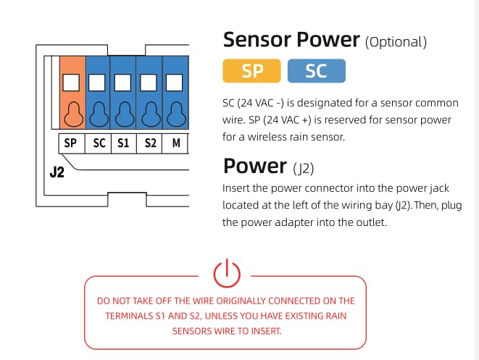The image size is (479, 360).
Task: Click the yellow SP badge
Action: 251,71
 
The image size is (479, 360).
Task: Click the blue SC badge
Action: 317,71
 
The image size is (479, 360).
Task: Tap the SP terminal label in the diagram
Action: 70,143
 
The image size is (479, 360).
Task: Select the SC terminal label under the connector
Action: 99,143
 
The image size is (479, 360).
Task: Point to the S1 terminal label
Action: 123,143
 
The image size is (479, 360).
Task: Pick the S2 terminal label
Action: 150,143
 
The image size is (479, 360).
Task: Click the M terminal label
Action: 176,143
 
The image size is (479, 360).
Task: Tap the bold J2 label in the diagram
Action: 57,172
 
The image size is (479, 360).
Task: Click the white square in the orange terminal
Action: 71,83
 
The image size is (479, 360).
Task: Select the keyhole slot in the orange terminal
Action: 73,114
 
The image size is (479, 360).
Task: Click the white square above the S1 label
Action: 122,83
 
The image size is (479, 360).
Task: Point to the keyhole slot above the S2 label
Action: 151,114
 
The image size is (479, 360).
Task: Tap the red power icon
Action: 227,274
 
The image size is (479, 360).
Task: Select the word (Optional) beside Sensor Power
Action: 396,42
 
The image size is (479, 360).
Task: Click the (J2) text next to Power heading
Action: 304,168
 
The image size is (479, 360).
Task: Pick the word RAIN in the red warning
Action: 337,316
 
